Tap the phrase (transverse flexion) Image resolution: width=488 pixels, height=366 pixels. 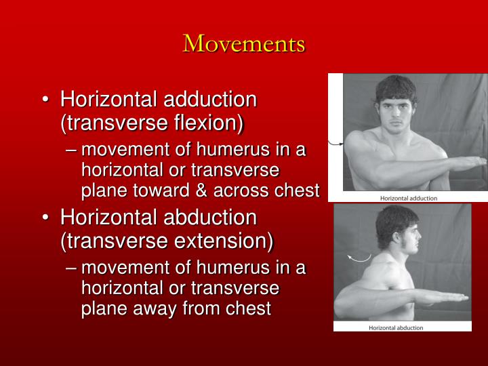pyautogui.click(x=152, y=123)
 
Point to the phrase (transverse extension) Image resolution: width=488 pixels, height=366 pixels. pyautogui.click(x=166, y=241)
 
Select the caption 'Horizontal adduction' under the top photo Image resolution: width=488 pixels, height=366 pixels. pyautogui.click(x=408, y=199)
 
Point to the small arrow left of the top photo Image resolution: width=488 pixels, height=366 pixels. pyautogui.click(x=335, y=143)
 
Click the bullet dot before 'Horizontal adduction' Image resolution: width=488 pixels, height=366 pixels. pyautogui.click(x=45, y=101)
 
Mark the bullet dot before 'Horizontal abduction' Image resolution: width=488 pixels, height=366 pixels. pyautogui.click(x=45, y=219)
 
